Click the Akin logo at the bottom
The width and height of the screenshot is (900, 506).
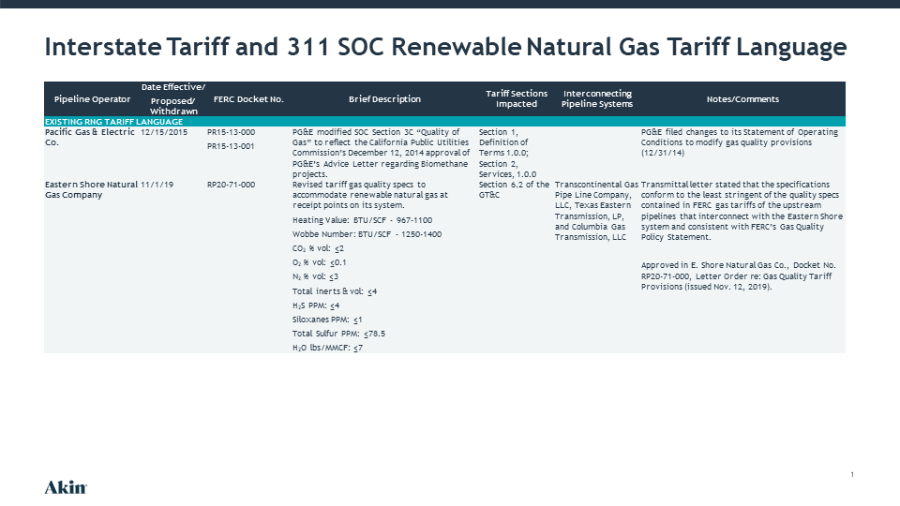pyautogui.click(x=66, y=487)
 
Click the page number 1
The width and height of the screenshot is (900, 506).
pyautogui.click(x=852, y=474)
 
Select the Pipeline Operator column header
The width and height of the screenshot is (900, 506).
pyautogui.click(x=92, y=98)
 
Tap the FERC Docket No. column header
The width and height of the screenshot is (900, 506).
pyautogui.click(x=248, y=98)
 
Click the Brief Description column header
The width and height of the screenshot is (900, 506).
pyautogui.click(x=384, y=98)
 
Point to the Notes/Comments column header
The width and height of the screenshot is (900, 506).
pyautogui.click(x=742, y=98)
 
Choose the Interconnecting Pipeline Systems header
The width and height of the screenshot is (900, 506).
pyautogui.click(x=597, y=98)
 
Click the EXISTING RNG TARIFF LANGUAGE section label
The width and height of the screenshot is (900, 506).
pyautogui.click(x=113, y=122)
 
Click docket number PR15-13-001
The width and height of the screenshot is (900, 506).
pyautogui.click(x=231, y=146)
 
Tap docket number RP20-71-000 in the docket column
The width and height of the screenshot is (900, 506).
pyautogui.click(x=231, y=185)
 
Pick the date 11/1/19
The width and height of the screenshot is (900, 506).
pyautogui.click(x=157, y=185)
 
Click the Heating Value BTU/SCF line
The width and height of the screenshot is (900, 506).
pyautogui.click(x=362, y=220)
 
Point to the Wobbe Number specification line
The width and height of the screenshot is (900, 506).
pyautogui.click(x=367, y=234)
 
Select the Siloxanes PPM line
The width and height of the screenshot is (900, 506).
pyautogui.click(x=327, y=320)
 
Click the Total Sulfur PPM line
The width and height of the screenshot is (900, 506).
pyautogui.click(x=338, y=334)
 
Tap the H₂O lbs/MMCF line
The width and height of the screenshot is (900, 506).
pyautogui.click(x=328, y=348)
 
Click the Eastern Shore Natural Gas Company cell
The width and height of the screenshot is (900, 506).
pyautogui.click(x=91, y=190)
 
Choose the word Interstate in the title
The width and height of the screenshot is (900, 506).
pyautogui.click(x=103, y=47)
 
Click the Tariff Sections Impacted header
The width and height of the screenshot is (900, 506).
pyautogui.click(x=517, y=98)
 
